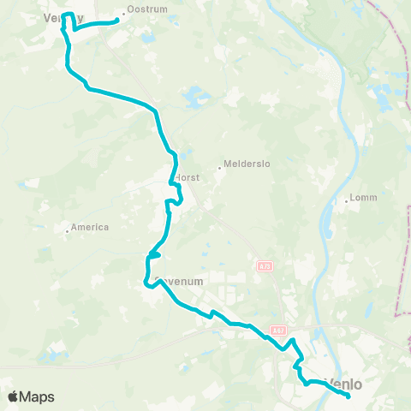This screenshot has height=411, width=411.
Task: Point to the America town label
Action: [90, 227]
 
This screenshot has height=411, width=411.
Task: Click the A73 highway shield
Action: [264, 266]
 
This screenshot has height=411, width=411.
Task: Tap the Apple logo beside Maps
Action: [14, 396]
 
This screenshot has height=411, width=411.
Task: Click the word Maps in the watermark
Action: [38, 396]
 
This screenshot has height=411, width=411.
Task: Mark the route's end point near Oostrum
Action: [116, 21]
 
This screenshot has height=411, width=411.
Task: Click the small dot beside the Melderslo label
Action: [219, 168]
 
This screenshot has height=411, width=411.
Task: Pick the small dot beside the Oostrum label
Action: [122, 11]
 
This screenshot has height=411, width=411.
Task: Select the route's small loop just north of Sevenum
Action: [155, 254]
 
